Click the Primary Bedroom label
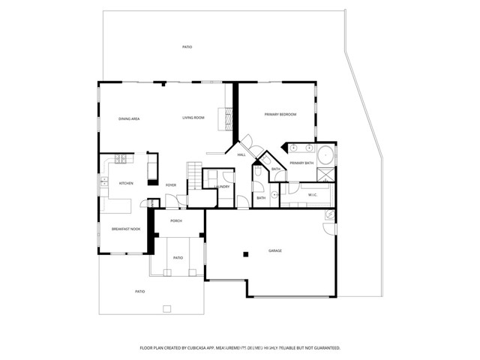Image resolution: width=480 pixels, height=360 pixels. [x=280, y=115]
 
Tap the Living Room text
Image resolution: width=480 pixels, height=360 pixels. [x=193, y=118]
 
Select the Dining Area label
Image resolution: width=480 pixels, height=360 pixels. [x=130, y=118]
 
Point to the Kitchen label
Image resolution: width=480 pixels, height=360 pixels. [x=126, y=184]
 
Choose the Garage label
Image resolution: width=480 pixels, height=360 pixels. [x=275, y=250]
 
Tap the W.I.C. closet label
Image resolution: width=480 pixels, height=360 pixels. [x=313, y=195]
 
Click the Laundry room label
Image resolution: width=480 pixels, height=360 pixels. [x=222, y=187]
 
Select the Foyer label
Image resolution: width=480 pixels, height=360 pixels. [x=171, y=184]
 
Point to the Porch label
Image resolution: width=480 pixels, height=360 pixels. [x=176, y=220]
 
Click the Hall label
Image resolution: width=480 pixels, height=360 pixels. [x=241, y=154]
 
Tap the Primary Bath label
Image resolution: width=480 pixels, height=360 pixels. [x=301, y=163]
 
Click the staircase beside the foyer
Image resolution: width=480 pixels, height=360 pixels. [x=194, y=175]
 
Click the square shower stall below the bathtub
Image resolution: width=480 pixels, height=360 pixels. [x=326, y=175]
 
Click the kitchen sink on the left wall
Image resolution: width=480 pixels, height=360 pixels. [x=102, y=182]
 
